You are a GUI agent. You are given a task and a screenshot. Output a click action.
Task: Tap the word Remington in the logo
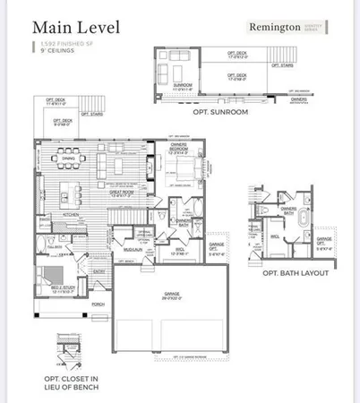coord(273,27)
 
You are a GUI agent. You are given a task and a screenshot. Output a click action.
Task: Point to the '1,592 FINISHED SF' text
coord(56,44)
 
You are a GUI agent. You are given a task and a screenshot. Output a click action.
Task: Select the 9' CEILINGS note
coord(49,50)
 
